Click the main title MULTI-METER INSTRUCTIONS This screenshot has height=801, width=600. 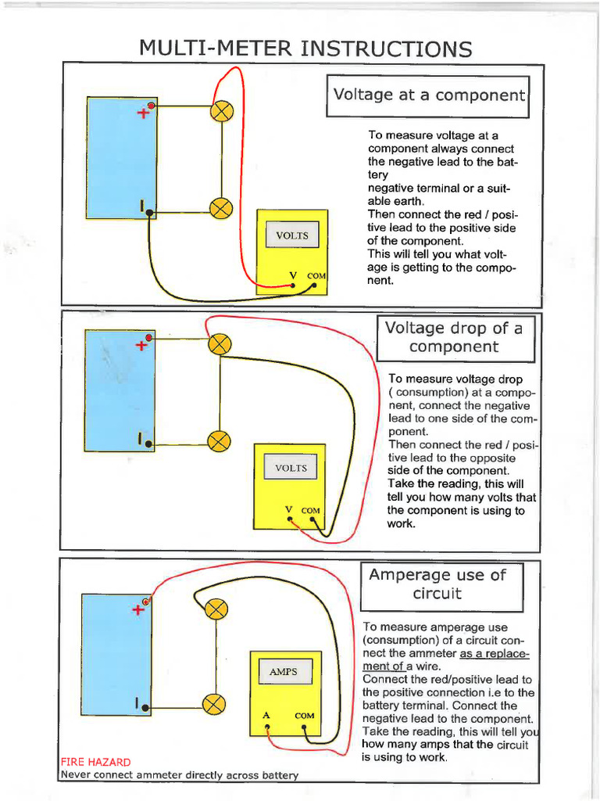(x=305, y=48)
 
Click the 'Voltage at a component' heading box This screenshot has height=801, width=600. (x=427, y=95)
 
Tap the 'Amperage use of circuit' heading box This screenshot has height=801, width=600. (x=437, y=584)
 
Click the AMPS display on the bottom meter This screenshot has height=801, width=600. (x=283, y=672)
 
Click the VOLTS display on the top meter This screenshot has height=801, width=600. (x=292, y=235)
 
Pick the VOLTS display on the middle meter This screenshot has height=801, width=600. (x=291, y=469)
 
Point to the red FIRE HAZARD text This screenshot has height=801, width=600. (x=95, y=762)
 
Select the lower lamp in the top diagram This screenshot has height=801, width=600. (x=222, y=207)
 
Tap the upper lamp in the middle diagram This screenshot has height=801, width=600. (x=220, y=343)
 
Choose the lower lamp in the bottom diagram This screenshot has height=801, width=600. (x=214, y=704)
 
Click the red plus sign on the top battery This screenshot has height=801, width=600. (x=142, y=113)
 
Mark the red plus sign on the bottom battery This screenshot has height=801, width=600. (x=138, y=609)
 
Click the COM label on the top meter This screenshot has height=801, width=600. (x=316, y=276)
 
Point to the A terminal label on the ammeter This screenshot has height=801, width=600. (x=266, y=715)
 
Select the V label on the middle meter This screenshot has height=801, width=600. (x=288, y=510)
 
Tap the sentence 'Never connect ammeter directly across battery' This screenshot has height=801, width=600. (x=179, y=775)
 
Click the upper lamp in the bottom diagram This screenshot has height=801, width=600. (x=216, y=609)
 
